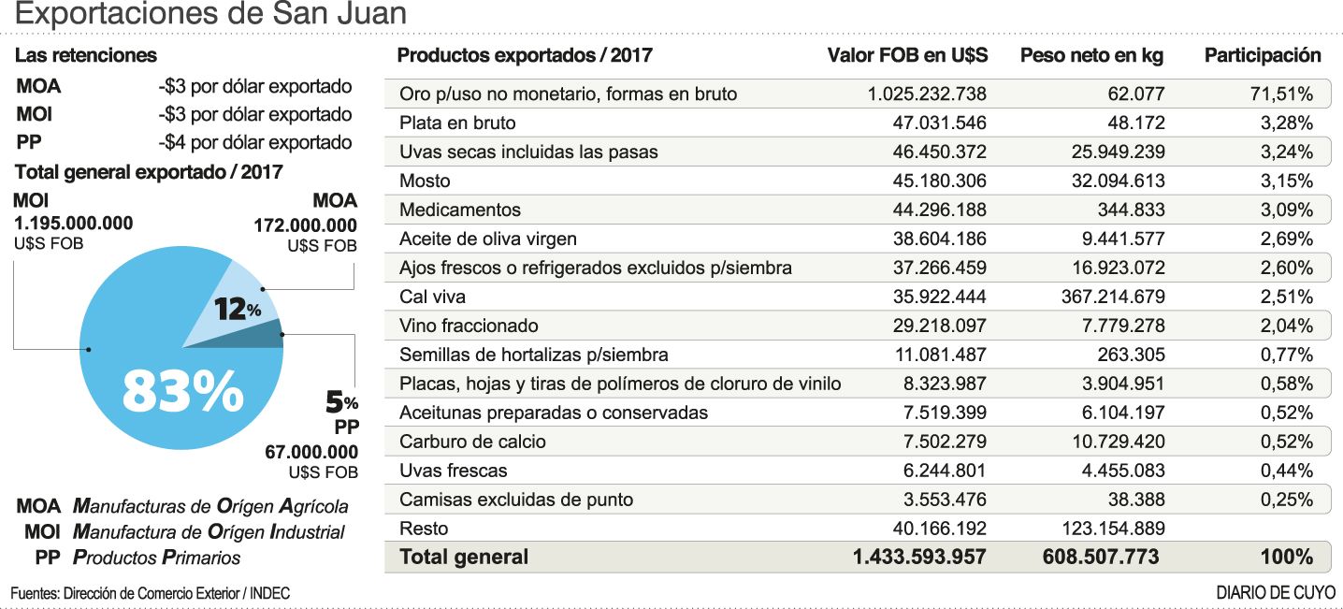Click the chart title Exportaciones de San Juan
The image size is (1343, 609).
click(x=211, y=15)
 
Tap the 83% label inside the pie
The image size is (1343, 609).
click(x=182, y=393)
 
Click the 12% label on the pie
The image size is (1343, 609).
click(x=238, y=309)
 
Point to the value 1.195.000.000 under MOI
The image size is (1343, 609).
click(x=73, y=224)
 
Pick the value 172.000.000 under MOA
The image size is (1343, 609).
click(x=306, y=225)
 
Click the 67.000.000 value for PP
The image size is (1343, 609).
click(x=311, y=452)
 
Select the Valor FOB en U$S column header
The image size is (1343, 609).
click(x=907, y=55)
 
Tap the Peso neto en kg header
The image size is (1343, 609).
click(x=1091, y=55)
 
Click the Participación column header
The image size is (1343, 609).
click(x=1263, y=55)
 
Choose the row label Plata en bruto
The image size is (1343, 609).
click(x=457, y=123)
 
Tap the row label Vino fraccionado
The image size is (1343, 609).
click(x=469, y=326)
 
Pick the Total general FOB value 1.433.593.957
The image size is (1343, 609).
click(x=919, y=557)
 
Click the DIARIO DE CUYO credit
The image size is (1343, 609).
click(x=1276, y=593)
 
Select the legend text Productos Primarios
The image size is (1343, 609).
click(x=156, y=558)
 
